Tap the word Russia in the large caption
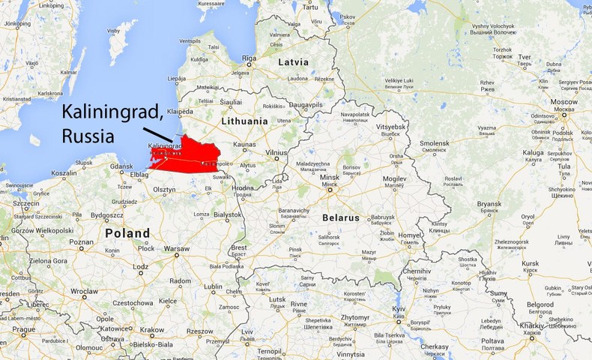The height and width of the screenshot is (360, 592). pos(88,137)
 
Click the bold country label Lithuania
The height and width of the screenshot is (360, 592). pos(244,121)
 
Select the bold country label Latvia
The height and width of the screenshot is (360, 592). pos(293,62)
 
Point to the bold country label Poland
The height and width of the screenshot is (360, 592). pos(127,233)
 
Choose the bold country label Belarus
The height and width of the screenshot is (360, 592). pos(341,217)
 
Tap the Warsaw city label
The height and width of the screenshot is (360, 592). pos(177,247)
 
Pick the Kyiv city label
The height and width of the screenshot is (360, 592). pos(399,308)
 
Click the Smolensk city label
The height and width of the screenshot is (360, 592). pos(434,142)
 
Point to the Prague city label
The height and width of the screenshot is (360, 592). pos(23,329)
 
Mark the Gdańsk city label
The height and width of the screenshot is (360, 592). pos(121,166)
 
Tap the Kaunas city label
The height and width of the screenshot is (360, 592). pos(245,144)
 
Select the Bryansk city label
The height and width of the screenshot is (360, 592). pos(489,204)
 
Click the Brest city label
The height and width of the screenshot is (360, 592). pos(239,247)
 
